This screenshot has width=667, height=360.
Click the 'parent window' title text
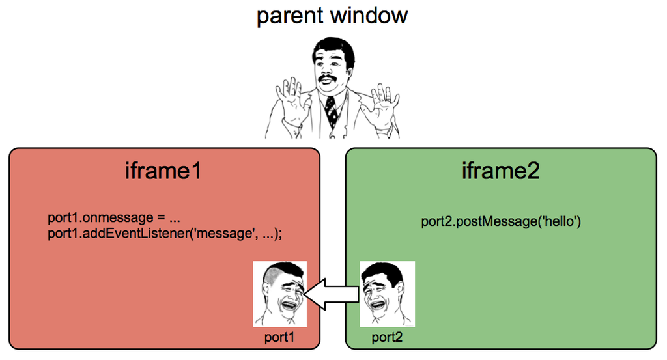click(x=332, y=15)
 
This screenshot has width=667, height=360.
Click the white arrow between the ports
click(x=332, y=294)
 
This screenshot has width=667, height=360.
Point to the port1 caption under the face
click(x=279, y=337)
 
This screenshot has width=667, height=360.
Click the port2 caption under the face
click(x=387, y=337)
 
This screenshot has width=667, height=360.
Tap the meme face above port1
click(x=280, y=294)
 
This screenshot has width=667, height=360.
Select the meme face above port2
click(x=388, y=294)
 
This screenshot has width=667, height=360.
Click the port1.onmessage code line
click(x=108, y=217)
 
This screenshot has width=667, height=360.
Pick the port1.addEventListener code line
click(x=165, y=233)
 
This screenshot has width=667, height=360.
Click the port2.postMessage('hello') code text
click(x=500, y=222)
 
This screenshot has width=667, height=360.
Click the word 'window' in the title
click(x=371, y=15)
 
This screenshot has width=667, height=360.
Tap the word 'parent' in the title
click(x=291, y=15)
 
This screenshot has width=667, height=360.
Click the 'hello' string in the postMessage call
click(x=560, y=222)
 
